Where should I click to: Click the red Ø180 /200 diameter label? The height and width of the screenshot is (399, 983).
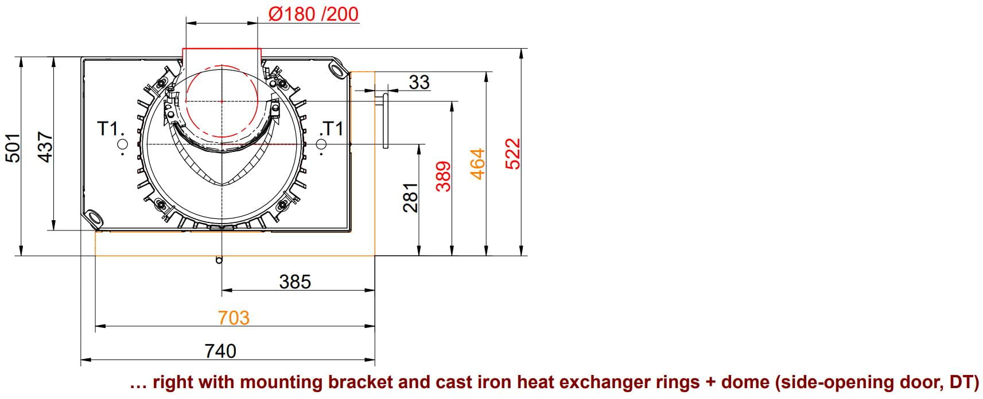pyautogui.click(x=313, y=14)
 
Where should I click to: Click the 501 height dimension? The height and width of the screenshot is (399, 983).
pyautogui.click(x=13, y=148)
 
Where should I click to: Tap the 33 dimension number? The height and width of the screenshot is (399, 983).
pyautogui.click(x=419, y=82)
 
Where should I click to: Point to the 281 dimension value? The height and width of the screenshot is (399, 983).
pyautogui.click(x=410, y=198)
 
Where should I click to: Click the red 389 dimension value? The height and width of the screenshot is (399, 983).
pyautogui.click(x=444, y=175)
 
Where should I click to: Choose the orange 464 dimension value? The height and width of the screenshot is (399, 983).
pyautogui.click(x=477, y=164)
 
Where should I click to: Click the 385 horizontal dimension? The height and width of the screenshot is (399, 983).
pyautogui.click(x=295, y=281)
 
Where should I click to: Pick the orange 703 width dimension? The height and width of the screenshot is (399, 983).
pyautogui.click(x=234, y=317)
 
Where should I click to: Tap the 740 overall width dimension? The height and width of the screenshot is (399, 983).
pyautogui.click(x=220, y=350)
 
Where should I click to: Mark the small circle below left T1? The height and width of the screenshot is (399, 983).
pyautogui.click(x=122, y=144)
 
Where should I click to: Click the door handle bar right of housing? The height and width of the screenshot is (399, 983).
pyautogui.click(x=386, y=121)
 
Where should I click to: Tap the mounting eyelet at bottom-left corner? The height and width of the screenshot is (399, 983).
pyautogui.click(x=92, y=217)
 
